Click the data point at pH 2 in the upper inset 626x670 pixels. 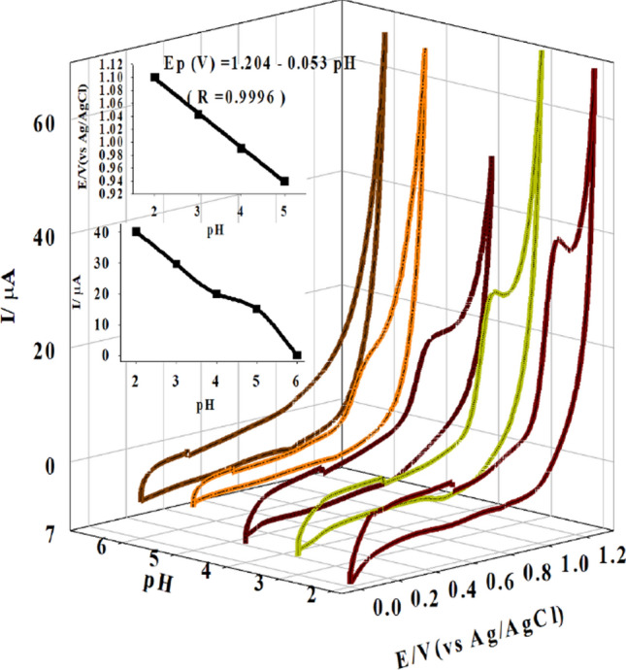click(154, 77)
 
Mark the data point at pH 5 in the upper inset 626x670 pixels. click(284, 181)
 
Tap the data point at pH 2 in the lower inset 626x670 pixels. click(136, 232)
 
